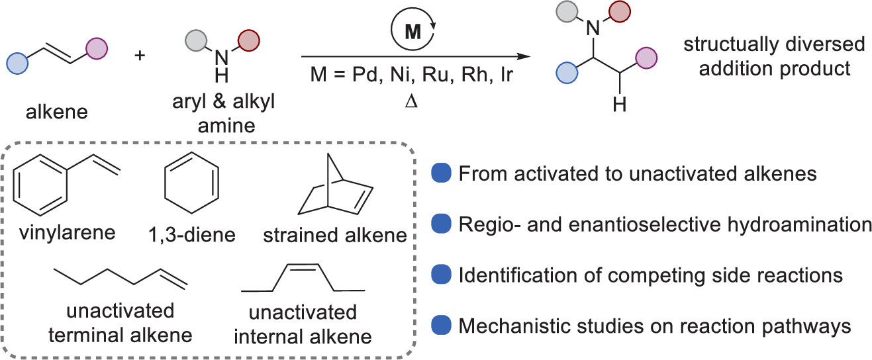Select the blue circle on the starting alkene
tap(17, 65)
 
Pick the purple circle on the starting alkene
tap(96, 49)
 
